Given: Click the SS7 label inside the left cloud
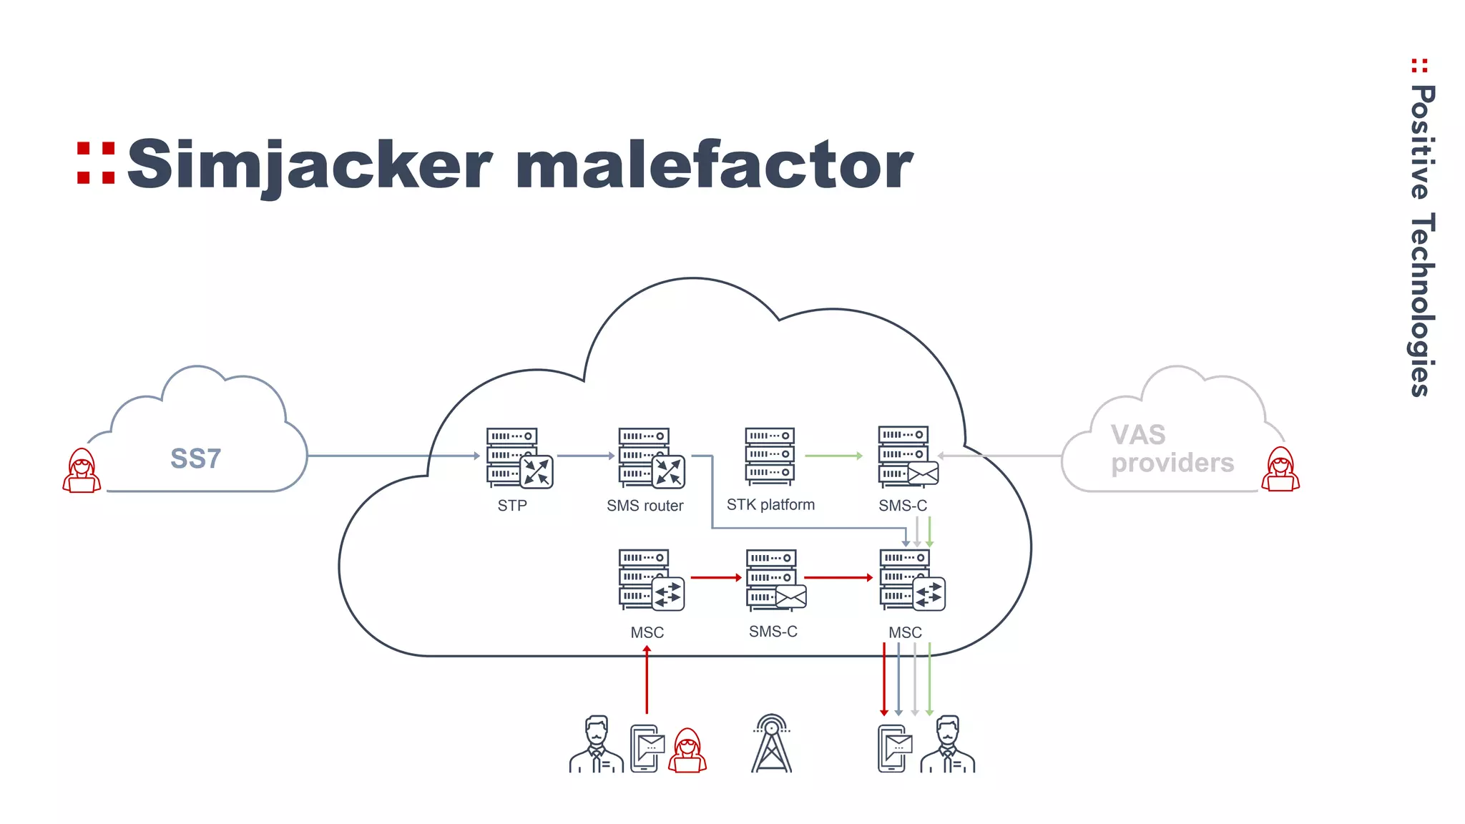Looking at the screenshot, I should (x=195, y=458).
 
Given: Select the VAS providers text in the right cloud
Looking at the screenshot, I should (x=1172, y=449).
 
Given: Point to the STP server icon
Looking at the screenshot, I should (x=518, y=458).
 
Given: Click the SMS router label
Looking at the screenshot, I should (x=645, y=506).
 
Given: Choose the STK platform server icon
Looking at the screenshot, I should (x=770, y=456).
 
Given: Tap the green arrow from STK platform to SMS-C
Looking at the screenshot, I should (x=833, y=456).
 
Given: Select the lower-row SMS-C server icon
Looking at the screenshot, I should (x=775, y=579).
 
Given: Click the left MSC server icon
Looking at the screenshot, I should (x=650, y=579).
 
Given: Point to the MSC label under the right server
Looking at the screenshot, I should (x=905, y=632).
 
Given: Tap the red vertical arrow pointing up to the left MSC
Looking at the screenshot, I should (x=647, y=680).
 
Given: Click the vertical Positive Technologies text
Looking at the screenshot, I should (x=1421, y=240).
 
